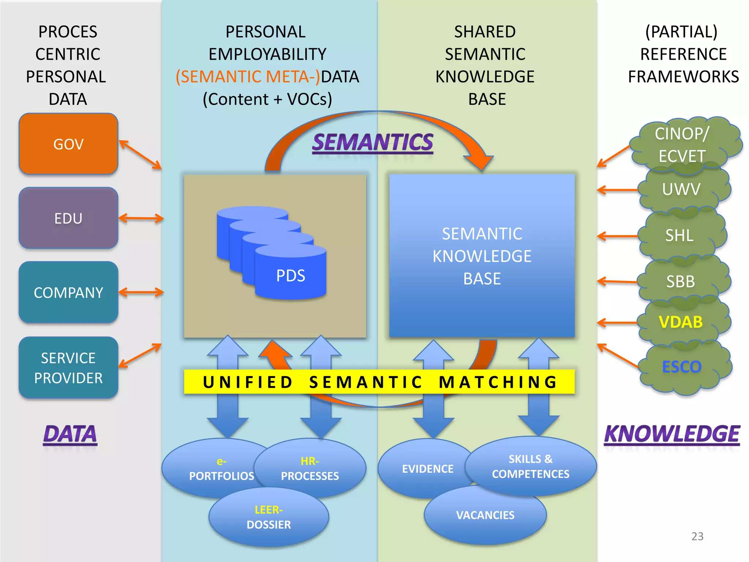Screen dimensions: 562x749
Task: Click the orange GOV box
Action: point(68,144)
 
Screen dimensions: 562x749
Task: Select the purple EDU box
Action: point(68,218)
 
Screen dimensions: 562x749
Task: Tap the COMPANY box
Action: point(68,292)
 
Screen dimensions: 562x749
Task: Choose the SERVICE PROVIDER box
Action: point(68,367)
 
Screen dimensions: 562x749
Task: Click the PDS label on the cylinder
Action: point(290,276)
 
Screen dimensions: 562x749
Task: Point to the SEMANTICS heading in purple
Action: point(372,142)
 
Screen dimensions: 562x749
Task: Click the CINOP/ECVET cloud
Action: point(682,145)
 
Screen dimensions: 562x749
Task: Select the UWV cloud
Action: point(681,189)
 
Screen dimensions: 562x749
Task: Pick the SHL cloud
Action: point(679,235)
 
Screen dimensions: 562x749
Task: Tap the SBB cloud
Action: point(680,281)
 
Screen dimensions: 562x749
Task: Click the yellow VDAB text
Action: point(680,322)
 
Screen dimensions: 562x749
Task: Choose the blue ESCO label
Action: point(681,367)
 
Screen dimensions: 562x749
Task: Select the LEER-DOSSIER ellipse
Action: point(269,517)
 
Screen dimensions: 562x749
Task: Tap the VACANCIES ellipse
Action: point(485,515)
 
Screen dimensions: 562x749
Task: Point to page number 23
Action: point(697,536)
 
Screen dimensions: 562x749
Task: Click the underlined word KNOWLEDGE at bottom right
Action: point(672,434)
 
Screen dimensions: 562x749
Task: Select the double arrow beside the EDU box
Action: point(141,218)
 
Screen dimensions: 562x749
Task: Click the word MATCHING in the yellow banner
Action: point(498,382)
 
